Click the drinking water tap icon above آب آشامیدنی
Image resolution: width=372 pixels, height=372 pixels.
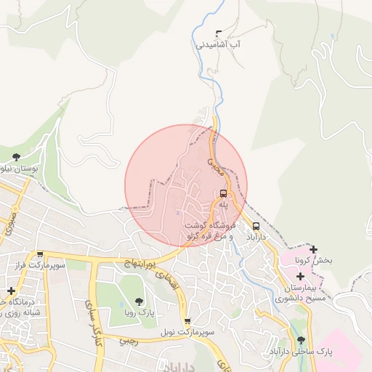[x=219, y=33]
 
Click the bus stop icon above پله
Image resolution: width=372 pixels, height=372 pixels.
[x=223, y=194]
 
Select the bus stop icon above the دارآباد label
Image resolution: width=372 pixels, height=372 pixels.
[x=256, y=225]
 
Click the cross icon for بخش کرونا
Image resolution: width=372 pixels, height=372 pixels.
[x=313, y=249]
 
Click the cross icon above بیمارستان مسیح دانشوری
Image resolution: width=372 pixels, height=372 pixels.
[x=300, y=276]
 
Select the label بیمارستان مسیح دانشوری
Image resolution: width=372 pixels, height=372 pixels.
[x=299, y=292]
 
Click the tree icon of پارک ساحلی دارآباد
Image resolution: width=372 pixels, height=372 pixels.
[x=301, y=339]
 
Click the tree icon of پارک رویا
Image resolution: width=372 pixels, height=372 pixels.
[x=139, y=301]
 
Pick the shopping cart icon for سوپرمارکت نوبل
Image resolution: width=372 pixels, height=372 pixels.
[x=187, y=320]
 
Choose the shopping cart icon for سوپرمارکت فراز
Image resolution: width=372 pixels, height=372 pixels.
[x=40, y=255]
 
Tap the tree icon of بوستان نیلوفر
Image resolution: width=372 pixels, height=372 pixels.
[x=16, y=156]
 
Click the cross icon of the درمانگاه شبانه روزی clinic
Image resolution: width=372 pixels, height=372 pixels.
[x=10, y=291]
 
